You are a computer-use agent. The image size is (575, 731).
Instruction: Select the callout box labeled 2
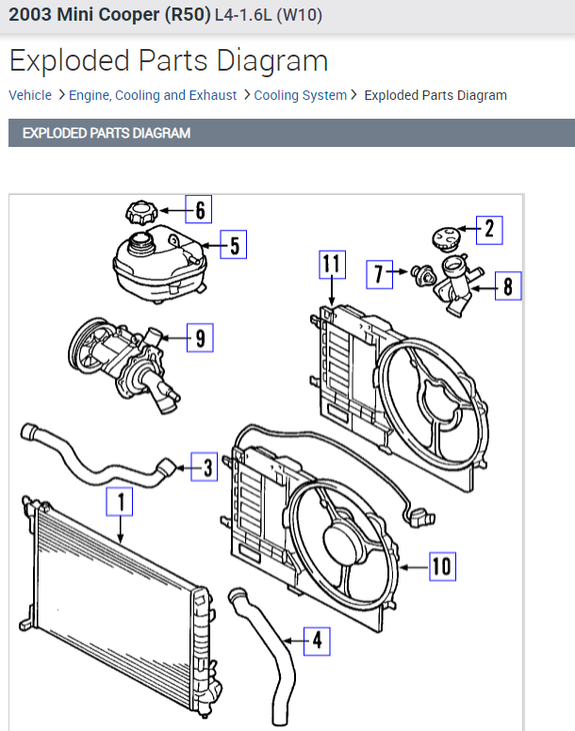coord(488,228)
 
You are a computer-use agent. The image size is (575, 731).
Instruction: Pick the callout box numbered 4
coord(317,642)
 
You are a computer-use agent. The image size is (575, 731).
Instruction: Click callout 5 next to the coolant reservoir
coord(234,245)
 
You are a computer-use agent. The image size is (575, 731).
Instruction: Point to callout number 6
coord(199,208)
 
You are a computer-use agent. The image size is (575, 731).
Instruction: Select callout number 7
coord(379,274)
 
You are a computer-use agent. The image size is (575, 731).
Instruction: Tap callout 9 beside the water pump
coord(200,335)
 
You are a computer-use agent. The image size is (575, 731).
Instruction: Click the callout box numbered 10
coord(441,566)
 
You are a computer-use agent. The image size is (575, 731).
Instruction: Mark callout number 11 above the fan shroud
coord(329,265)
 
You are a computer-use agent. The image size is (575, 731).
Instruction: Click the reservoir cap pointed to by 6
coord(140,210)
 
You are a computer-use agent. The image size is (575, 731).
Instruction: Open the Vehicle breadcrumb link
coord(30,95)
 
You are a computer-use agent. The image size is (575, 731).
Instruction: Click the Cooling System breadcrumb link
coord(300,95)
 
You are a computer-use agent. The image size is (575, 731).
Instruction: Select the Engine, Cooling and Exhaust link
coord(154,95)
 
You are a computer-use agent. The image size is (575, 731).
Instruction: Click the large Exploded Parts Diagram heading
coord(169,61)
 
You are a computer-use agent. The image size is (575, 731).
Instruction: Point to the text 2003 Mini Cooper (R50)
coord(109,16)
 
